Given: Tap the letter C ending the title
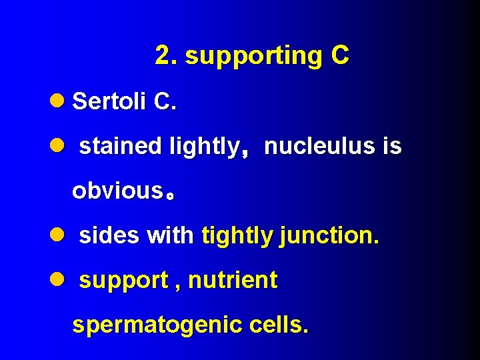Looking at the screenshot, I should click(x=339, y=56).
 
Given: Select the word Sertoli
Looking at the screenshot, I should click(x=109, y=101).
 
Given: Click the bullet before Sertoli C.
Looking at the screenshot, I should click(x=58, y=101).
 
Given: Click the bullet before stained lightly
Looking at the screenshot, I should click(x=58, y=146).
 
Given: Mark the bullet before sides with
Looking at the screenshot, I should click(x=58, y=235).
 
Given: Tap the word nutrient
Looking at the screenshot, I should click(x=233, y=280).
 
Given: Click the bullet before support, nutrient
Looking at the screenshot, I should click(x=58, y=280).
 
